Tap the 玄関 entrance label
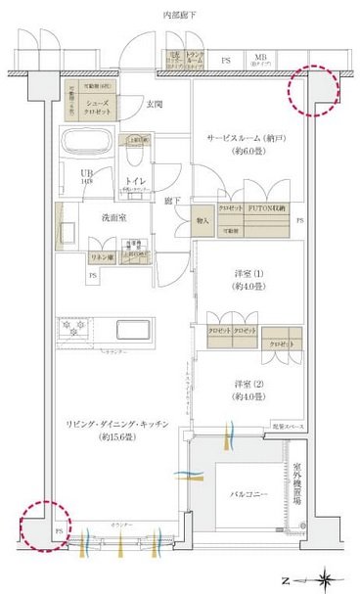click(155, 104)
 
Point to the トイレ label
click(137, 181)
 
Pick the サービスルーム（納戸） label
click(244, 139)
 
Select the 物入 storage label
click(203, 220)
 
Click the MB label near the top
click(260, 58)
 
